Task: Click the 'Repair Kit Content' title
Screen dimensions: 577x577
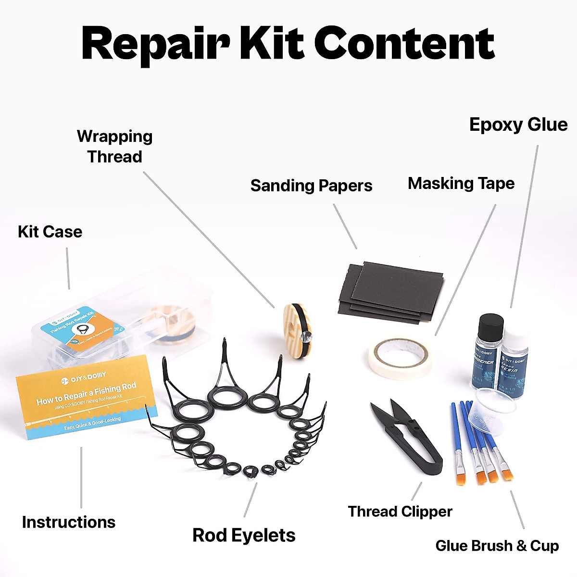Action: [x=288, y=43]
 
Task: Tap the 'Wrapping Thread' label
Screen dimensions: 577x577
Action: [x=114, y=146]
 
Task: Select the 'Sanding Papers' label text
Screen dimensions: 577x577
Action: [x=311, y=186]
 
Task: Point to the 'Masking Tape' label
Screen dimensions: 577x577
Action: [x=461, y=183]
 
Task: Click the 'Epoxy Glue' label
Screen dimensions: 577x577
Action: [x=518, y=125]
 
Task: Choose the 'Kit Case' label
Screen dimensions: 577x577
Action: [x=50, y=232]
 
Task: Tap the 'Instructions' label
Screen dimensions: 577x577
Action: [x=69, y=522]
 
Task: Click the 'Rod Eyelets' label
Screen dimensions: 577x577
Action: [x=244, y=535]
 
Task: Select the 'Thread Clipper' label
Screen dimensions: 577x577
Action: [x=400, y=511]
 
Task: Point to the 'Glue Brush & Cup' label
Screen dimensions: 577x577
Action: [x=497, y=546]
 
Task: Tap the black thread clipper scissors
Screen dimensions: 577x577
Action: [x=409, y=433]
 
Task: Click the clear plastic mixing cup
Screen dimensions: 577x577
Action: [x=495, y=409]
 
